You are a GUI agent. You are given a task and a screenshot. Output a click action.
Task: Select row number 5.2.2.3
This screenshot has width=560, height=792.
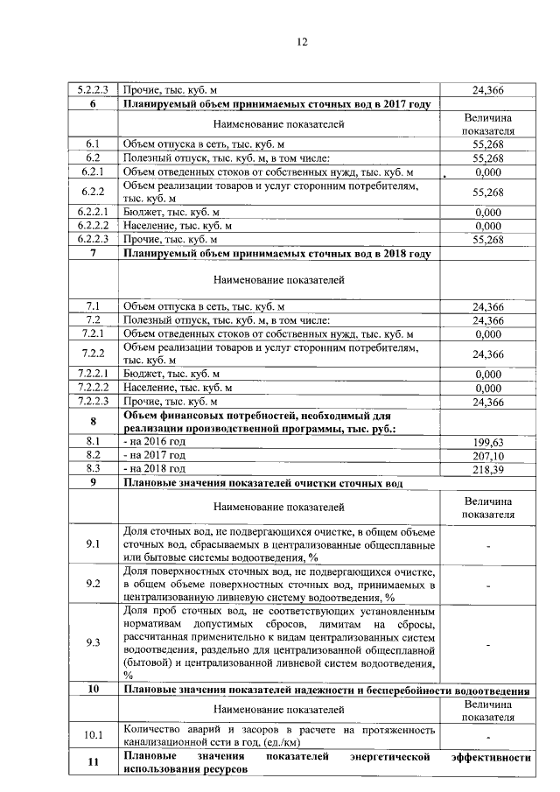pyautogui.click(x=93, y=89)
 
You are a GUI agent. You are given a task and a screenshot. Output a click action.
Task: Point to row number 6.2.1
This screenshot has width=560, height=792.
pyautogui.click(x=93, y=172)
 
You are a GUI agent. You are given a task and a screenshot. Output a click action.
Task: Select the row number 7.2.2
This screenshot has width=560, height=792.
pyautogui.click(x=93, y=354)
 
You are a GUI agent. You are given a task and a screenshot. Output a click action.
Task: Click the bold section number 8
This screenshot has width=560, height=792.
pyautogui.click(x=93, y=422)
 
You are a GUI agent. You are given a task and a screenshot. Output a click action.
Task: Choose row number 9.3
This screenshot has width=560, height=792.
pyautogui.click(x=93, y=643)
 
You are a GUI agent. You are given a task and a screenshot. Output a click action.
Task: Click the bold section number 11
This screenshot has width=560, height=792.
pyautogui.click(x=93, y=762)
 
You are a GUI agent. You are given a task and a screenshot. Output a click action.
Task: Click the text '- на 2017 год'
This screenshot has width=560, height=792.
pyautogui.click(x=155, y=455)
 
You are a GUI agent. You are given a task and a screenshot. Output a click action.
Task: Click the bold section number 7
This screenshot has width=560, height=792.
pyautogui.click(x=93, y=253)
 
